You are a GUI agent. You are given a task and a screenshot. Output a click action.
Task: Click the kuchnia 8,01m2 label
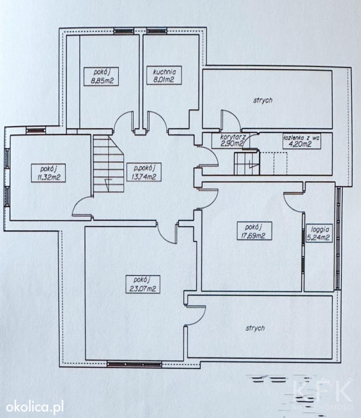pyautogui.click(x=164, y=76)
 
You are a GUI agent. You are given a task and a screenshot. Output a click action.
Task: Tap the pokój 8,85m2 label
pyautogui.click(x=101, y=76)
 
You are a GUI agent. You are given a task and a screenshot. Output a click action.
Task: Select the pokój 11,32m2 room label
pyautogui.click(x=49, y=173)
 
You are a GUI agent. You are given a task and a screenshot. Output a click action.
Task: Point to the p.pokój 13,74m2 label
pyautogui.click(x=144, y=172)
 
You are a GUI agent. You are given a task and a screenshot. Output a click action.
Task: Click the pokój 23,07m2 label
pyautogui.click(x=143, y=284)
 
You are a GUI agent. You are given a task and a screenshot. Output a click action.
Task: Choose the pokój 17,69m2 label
pyautogui.click(x=254, y=231)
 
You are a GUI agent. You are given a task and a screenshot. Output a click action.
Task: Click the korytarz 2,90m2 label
pyautogui.click(x=231, y=140)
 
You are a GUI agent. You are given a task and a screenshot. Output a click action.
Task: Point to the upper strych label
pyautogui.click(x=263, y=100)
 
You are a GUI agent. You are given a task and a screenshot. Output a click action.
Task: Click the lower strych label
pyautogui.click(x=255, y=328)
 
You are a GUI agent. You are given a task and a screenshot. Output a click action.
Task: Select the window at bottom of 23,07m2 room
pyautogui.click(x=134, y=364)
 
